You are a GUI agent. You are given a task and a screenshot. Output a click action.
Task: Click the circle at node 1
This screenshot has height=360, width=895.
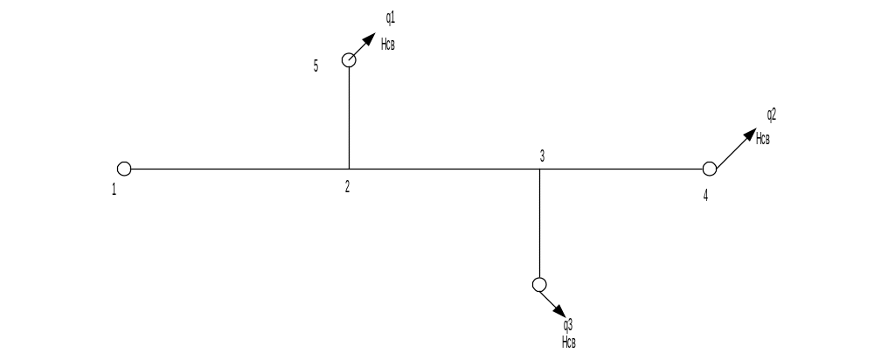124,168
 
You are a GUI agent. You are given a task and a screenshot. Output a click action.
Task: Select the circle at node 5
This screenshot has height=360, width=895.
349,59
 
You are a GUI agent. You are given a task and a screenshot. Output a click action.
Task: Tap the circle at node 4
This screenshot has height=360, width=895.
709,168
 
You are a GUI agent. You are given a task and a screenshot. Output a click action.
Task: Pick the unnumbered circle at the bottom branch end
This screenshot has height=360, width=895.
539,285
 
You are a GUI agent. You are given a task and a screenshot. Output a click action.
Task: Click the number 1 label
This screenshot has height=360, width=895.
114,189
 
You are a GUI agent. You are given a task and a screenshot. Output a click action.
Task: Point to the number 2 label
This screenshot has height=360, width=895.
347,186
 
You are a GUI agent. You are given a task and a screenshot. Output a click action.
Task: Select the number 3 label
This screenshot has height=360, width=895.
542,156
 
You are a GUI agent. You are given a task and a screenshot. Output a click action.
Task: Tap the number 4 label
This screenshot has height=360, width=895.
705,194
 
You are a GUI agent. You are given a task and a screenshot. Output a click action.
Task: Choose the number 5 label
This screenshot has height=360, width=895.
316,65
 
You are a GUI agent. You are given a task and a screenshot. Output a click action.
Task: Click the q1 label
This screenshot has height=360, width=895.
390,17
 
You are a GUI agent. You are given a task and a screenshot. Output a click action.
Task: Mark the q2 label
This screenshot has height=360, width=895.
772,114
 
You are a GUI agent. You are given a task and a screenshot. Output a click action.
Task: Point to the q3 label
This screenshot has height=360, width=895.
568,324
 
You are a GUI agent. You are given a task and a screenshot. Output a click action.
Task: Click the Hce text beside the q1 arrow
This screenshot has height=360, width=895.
388,44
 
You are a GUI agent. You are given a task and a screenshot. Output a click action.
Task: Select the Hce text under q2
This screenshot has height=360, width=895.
763,138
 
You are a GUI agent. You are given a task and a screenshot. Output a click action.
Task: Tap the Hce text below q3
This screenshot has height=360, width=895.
569,342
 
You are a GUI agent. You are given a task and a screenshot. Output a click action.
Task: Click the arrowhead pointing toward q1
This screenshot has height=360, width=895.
368,42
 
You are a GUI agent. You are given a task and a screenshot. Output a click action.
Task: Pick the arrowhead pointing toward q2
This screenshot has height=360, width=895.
749,134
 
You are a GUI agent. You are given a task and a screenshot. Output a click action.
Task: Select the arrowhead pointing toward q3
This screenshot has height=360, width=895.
559,312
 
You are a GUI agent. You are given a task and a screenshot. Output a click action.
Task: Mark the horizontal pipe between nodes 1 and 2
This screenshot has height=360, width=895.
236,169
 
